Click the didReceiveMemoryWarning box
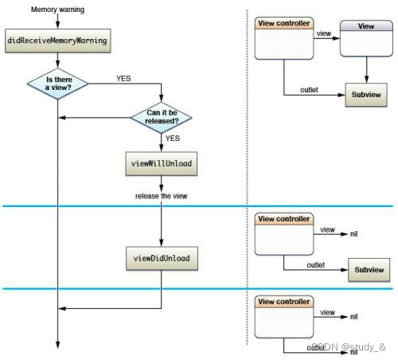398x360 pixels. pyautogui.click(x=58, y=41)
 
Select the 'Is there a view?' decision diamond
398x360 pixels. pyautogui.click(x=57, y=84)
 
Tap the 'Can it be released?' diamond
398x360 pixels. pyautogui.click(x=162, y=117)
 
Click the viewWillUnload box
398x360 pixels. pyautogui.click(x=162, y=163)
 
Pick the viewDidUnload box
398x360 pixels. pyautogui.click(x=162, y=258)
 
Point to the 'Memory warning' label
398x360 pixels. pyautogui.click(x=57, y=10)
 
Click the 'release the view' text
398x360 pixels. pyautogui.click(x=162, y=196)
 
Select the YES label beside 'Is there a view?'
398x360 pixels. pyautogui.click(x=123, y=79)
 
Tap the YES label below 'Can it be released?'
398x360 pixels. pyautogui.click(x=173, y=139)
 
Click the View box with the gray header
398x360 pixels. pyautogui.click(x=366, y=38)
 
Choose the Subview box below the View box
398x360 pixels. pyautogui.click(x=366, y=95)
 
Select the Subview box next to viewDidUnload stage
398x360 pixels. pyautogui.click(x=369, y=270)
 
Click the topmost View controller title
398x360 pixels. pyautogui.click(x=284, y=23)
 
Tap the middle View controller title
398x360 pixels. pyautogui.click(x=284, y=219)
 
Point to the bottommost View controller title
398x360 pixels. pyautogui.click(x=284, y=302)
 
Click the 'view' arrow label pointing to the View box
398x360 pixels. pyautogui.click(x=324, y=33)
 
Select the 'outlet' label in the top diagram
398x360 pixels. pyautogui.click(x=309, y=90)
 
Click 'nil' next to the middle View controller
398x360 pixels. pyautogui.click(x=353, y=234)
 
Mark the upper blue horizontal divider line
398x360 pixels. pyautogui.click(x=197, y=205)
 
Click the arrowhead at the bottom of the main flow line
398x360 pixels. pyautogui.click(x=57, y=345)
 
